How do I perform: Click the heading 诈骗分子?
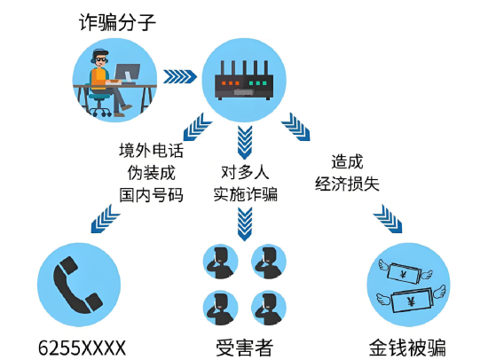pyautogui.click(x=117, y=22)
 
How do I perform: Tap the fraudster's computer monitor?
pyautogui.click(x=127, y=73)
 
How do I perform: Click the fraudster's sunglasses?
pyautogui.click(x=101, y=59)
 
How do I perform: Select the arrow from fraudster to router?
pyautogui.click(x=180, y=76)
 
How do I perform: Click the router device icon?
pyautogui.click(x=244, y=81)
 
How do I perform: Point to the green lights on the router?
pyautogui.click(x=257, y=83)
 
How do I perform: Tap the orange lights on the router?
pyautogui.click(x=231, y=83)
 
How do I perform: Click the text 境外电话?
pyautogui.click(x=151, y=150)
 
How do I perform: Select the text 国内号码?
pyautogui.click(x=151, y=195)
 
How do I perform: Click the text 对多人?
pyautogui.click(x=245, y=172)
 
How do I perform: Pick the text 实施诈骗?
pyautogui.click(x=245, y=194)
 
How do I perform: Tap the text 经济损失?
pyautogui.click(x=347, y=184)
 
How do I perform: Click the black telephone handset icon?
pyautogui.click(x=78, y=285)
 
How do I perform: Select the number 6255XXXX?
pyautogui.click(x=83, y=348)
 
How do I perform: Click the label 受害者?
pyautogui.click(x=245, y=348)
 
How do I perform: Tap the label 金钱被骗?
pyautogui.click(x=407, y=348)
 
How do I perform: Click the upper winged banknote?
pyautogui.click(x=405, y=273)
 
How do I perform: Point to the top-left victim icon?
pyautogui.click(x=221, y=262)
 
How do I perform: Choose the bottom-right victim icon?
pyautogui.click(x=269, y=308)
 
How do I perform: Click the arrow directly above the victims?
pyautogui.click(x=245, y=224)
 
